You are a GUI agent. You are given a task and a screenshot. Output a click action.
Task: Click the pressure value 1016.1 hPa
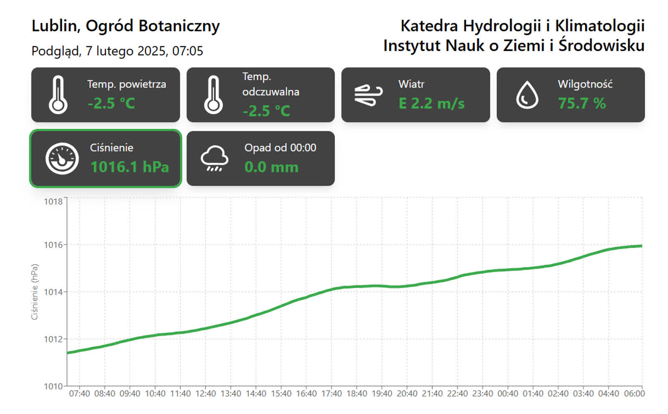point(129,167)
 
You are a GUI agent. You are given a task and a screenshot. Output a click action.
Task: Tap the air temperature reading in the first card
point(111,103)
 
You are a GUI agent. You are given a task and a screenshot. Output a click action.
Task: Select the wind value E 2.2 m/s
point(431,103)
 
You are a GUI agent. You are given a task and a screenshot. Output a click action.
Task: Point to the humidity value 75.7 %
point(582,103)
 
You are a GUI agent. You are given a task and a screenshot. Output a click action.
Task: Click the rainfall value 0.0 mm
point(271,167)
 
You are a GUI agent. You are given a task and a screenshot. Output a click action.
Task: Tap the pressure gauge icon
point(62,158)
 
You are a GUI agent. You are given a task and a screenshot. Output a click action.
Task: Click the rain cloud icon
point(214,158)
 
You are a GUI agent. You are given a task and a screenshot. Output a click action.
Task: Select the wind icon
point(368,95)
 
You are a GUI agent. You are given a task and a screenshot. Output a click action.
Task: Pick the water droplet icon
point(527,95)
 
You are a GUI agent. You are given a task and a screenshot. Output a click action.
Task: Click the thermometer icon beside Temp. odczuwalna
point(213,95)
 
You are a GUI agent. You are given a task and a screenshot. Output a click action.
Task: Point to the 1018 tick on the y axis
point(53,202)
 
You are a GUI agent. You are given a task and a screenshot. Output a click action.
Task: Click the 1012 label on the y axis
point(53,339)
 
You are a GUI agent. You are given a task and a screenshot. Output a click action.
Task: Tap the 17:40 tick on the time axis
point(331,394)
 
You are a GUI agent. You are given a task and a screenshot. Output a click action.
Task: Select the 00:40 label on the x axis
point(508,394)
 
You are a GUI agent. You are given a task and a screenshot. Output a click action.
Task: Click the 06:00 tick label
point(634,394)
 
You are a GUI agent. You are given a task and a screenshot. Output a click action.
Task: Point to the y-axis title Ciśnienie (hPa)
point(35,292)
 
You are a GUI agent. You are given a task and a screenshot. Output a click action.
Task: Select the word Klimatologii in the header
point(600,26)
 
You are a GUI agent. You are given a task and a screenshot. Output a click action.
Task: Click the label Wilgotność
point(585,84)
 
